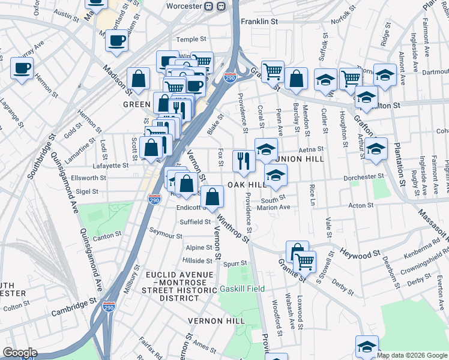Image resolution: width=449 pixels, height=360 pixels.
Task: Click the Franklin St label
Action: pyautogui.click(x=259, y=22)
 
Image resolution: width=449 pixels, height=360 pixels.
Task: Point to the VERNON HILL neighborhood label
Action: pyautogui.click(x=215, y=321)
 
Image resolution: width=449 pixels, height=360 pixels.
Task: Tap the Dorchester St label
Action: pyautogui.click(x=364, y=177)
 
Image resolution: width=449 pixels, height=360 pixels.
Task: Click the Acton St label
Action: pyautogui.click(x=361, y=205)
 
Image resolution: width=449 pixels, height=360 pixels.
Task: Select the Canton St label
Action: pyautogui.click(x=107, y=236)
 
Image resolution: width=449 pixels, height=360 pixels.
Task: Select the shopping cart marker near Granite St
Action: pyautogui.click(x=305, y=261)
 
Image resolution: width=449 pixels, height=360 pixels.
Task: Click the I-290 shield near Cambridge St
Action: pyautogui.click(x=109, y=307)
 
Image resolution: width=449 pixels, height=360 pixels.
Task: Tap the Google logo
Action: pyautogui.click(x=20, y=353)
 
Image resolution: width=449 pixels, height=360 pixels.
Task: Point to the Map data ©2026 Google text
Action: pyautogui.click(x=412, y=355)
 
